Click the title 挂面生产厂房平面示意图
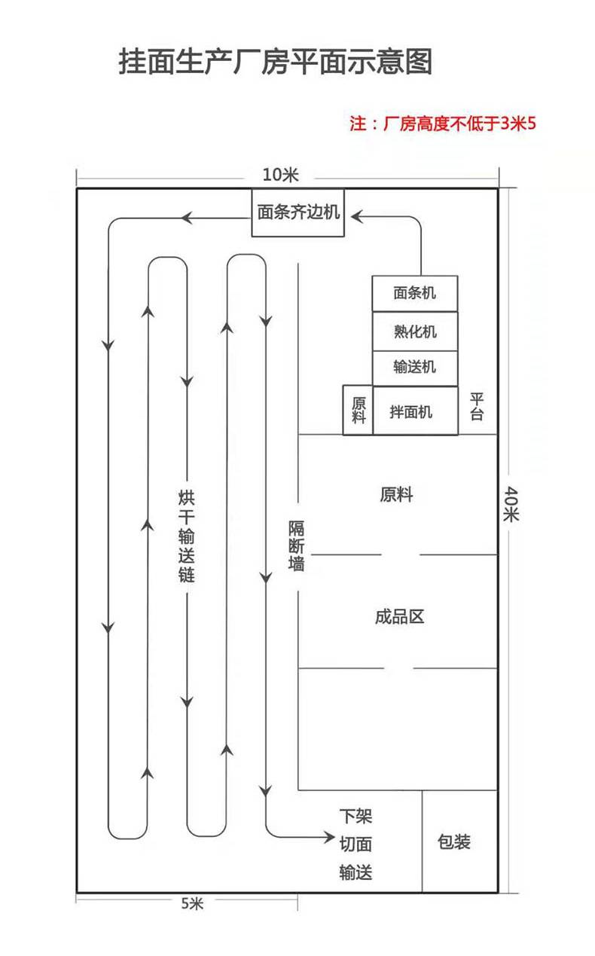[x=276, y=62]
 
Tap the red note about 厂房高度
[x=443, y=124]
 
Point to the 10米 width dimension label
[x=280, y=175]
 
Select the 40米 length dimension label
[x=511, y=504]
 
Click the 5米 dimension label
[x=192, y=903]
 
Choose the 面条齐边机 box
[x=298, y=212]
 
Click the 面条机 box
[x=415, y=293]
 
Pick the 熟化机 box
[x=415, y=331]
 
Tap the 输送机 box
[x=415, y=368]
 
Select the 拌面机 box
[x=415, y=411]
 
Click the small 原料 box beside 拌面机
[x=358, y=410]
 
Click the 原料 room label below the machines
[x=396, y=495]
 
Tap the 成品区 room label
[x=399, y=617]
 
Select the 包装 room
[x=459, y=841]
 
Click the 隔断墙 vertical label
[x=296, y=545]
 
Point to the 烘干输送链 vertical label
[x=187, y=536]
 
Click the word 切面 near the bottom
[x=355, y=844]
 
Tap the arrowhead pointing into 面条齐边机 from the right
[x=357, y=216]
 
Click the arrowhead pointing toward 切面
[x=329, y=837]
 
